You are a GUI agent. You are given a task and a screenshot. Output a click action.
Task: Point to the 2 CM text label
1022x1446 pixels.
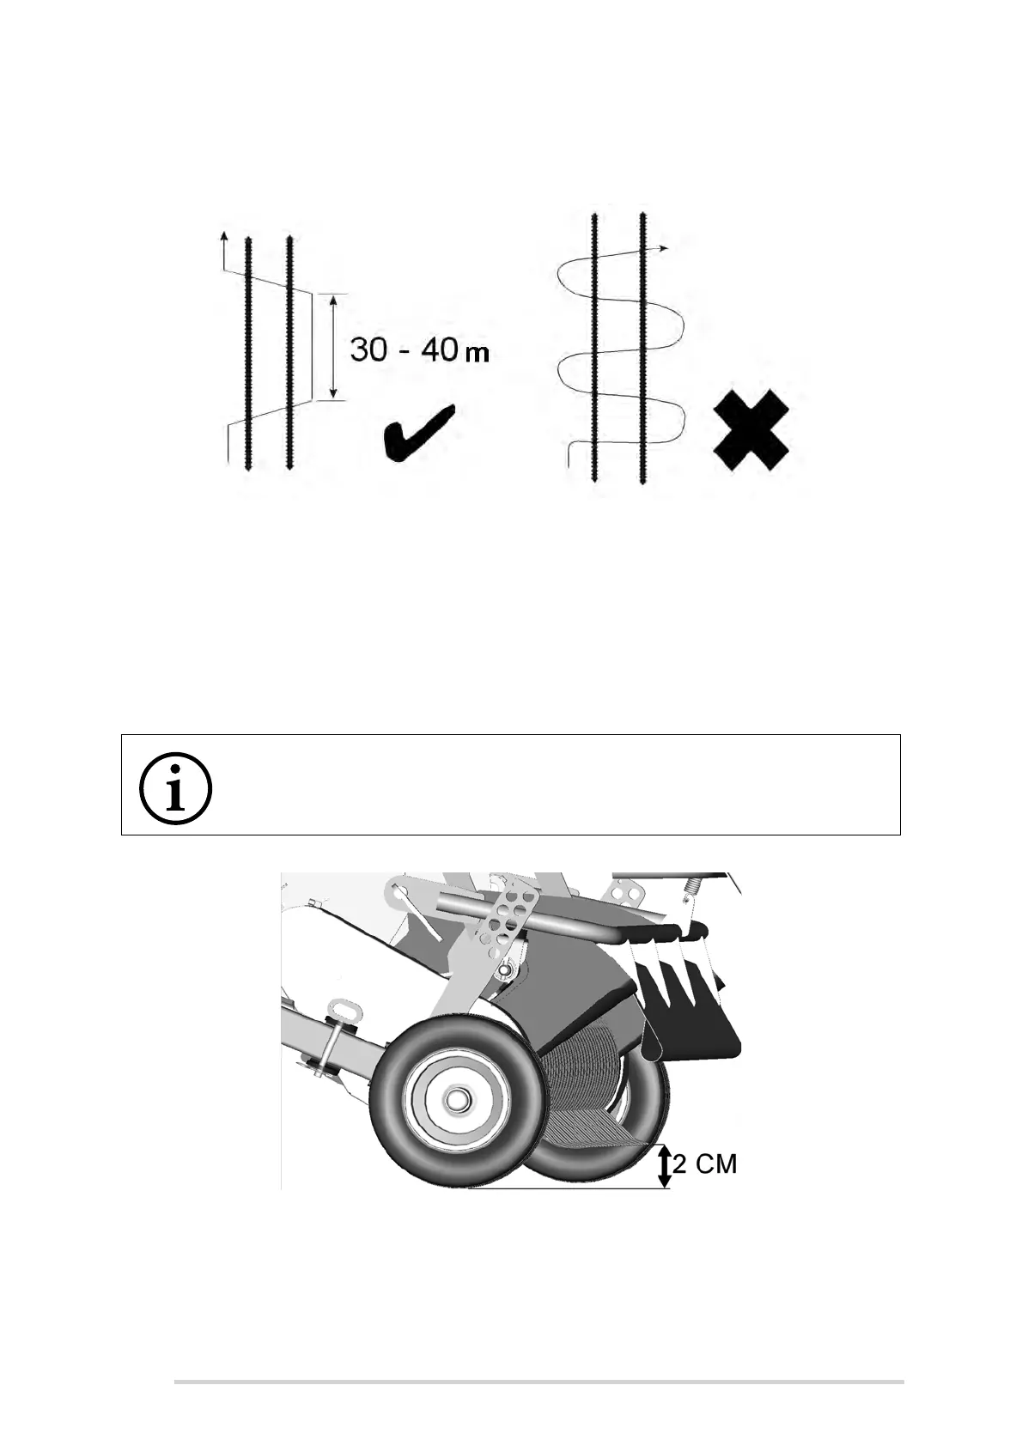pyautogui.click(x=704, y=1164)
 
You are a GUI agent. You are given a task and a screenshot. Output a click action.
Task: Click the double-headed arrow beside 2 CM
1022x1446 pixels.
pyautogui.click(x=664, y=1166)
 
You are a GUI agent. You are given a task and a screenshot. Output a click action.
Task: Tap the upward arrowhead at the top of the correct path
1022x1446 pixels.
pyautogui.click(x=224, y=236)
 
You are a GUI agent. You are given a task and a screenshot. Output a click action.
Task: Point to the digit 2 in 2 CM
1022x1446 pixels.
pyautogui.click(x=679, y=1164)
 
